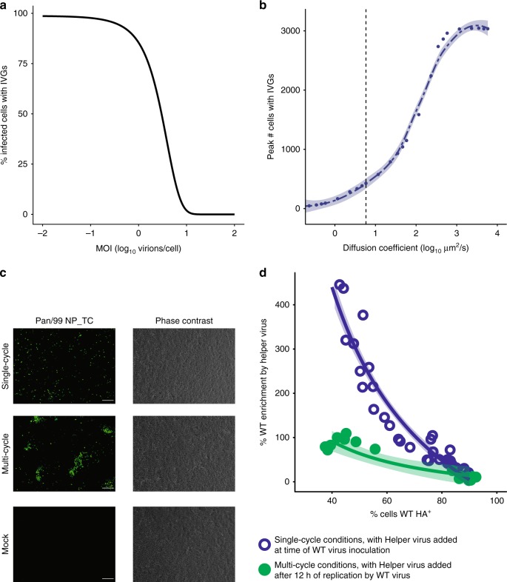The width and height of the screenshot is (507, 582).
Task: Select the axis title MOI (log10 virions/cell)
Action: tap(138, 247)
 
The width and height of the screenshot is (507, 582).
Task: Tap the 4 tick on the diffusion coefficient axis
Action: tap(496, 232)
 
